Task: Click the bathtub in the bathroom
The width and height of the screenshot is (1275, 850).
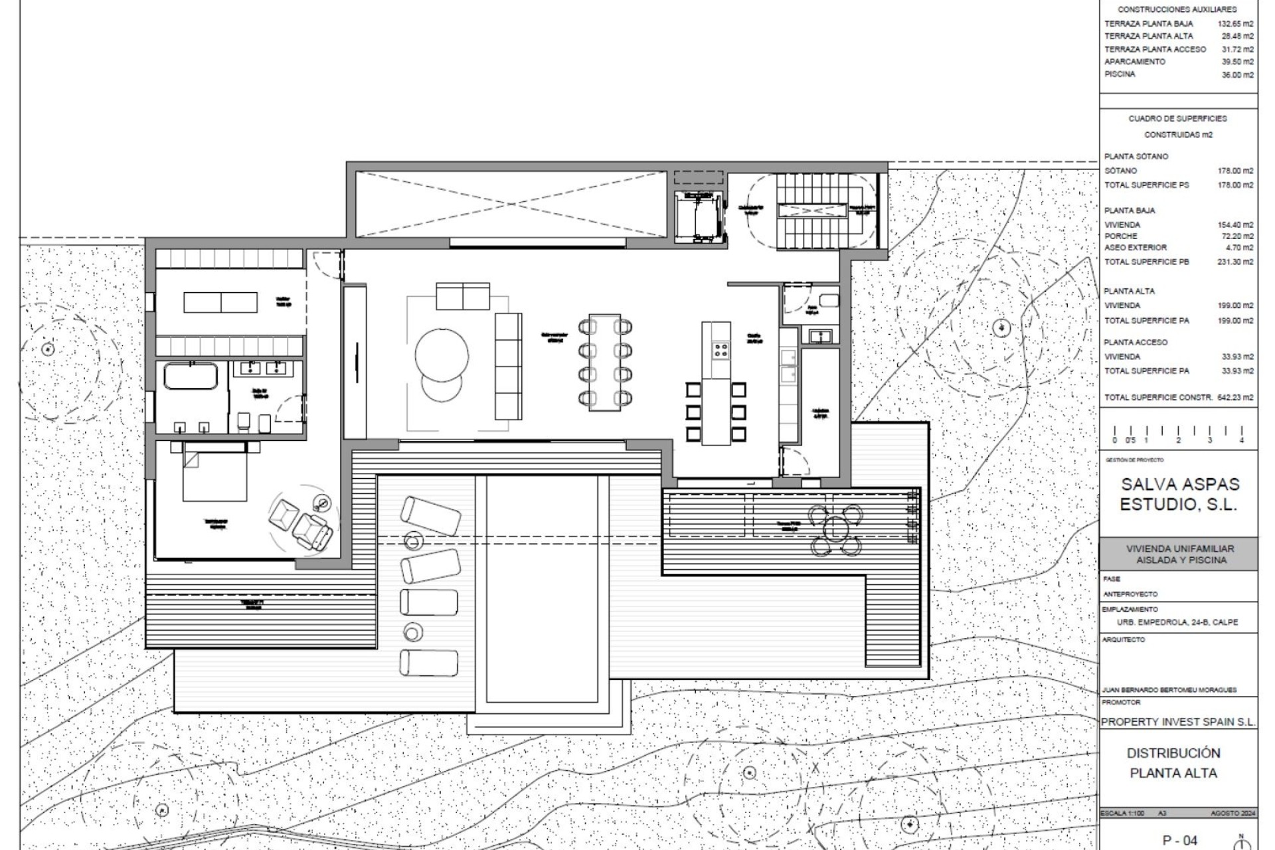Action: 190,376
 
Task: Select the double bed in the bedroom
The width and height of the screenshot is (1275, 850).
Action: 214,473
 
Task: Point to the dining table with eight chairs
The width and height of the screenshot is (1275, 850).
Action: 604,363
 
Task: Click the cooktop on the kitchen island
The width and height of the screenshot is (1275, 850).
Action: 721,349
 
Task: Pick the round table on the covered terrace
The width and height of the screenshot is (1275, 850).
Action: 835,529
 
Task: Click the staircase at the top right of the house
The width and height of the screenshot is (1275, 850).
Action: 811,210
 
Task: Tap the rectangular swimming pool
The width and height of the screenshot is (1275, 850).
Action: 542,588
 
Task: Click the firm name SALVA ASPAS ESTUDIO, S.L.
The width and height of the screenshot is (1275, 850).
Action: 1179,494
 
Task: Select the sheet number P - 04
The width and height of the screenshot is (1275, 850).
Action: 1179,840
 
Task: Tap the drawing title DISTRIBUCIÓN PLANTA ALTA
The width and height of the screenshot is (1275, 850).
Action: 1173,763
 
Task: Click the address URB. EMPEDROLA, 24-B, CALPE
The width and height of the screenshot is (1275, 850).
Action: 1177,623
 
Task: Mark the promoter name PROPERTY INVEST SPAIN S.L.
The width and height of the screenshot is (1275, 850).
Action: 1178,722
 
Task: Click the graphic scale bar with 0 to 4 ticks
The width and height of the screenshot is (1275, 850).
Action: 1178,434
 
